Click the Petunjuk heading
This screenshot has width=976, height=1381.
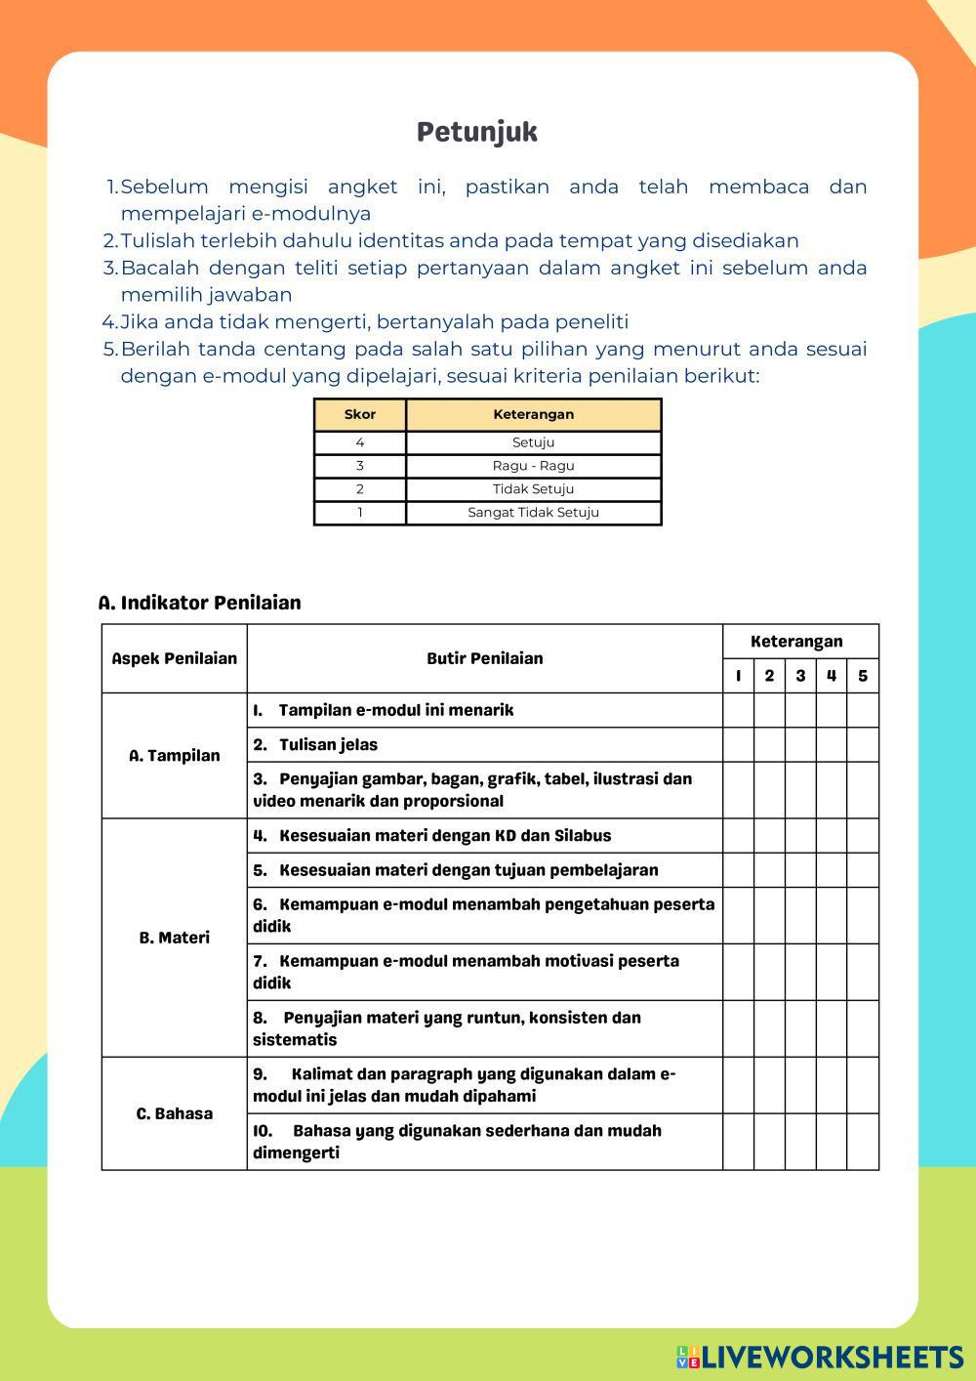(476, 132)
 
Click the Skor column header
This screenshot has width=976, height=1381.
(360, 414)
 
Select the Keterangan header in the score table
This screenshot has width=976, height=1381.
(533, 414)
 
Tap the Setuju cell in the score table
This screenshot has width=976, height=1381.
(533, 442)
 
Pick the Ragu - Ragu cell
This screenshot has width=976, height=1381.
(533, 466)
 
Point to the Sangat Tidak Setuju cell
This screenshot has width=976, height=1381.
(533, 513)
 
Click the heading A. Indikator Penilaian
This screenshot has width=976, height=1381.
(199, 603)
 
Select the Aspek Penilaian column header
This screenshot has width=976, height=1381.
(174, 658)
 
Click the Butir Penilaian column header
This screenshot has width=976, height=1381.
(484, 658)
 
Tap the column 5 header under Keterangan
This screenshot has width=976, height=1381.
(863, 676)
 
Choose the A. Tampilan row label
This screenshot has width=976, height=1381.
(174, 756)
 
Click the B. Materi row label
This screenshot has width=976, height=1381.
(174, 938)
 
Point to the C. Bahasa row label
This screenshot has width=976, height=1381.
(174, 1113)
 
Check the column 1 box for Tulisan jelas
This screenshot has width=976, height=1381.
(739, 744)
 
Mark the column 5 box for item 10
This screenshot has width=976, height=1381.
(863, 1142)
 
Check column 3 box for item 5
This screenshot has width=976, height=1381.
(800, 870)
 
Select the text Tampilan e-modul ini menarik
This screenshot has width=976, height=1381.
(395, 710)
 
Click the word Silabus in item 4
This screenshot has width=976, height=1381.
(583, 836)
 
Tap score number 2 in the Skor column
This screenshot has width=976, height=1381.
(360, 489)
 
